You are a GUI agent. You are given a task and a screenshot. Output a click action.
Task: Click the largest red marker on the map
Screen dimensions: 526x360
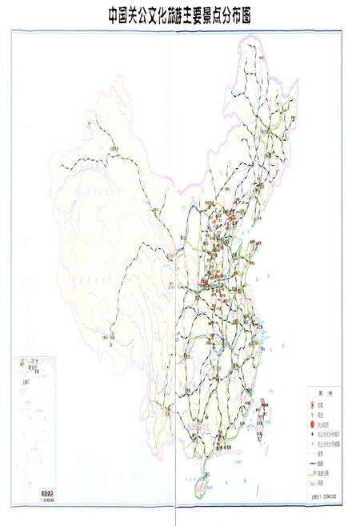click(x=205, y=282)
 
